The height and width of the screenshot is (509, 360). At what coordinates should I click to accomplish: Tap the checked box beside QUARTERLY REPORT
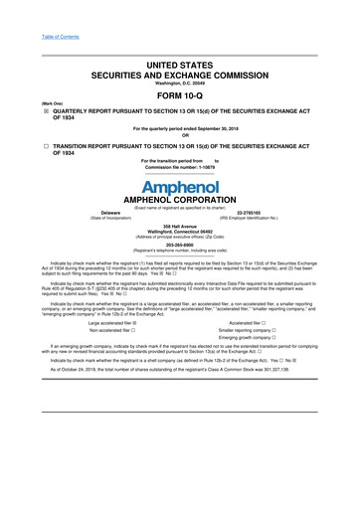31,111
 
